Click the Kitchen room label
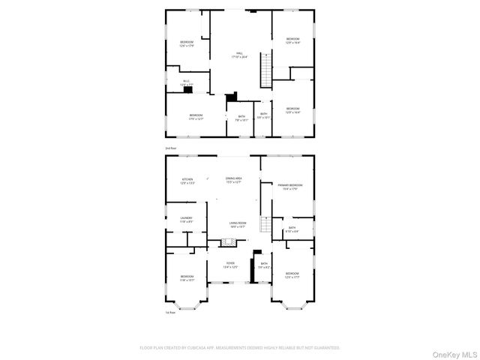point(187,178)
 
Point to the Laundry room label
point(186,218)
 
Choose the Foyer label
point(229,263)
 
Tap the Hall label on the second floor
point(239,53)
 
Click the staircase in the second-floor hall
point(264,72)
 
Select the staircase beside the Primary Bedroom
point(265,223)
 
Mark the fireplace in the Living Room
point(228,243)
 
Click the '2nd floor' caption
point(172,148)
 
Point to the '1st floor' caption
point(171,313)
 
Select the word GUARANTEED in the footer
point(326,348)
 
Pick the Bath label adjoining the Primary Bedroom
point(292,228)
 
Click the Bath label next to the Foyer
point(264,263)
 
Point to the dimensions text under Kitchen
point(187,183)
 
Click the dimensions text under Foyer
point(229,267)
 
